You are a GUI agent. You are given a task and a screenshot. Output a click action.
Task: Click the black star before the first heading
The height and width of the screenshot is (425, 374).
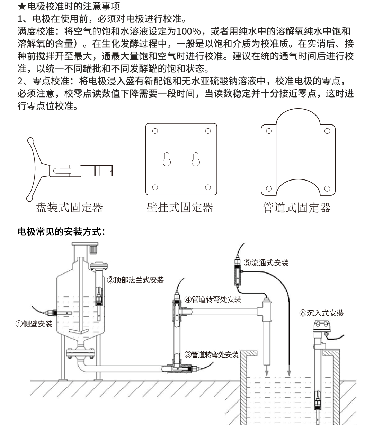[21, 6]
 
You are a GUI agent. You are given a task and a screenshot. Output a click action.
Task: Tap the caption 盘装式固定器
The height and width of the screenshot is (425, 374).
[70, 207]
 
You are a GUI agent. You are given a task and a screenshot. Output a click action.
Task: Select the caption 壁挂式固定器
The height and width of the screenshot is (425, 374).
[180, 207]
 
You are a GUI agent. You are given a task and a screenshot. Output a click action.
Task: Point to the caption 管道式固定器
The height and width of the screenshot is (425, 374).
[297, 207]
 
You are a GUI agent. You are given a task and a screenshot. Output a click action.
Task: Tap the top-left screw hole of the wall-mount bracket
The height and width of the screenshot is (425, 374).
[155, 131]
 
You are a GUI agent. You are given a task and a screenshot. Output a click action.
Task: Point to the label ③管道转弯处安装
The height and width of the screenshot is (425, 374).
[211, 354]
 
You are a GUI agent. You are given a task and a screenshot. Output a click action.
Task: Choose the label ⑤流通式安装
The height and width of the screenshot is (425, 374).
[266, 262]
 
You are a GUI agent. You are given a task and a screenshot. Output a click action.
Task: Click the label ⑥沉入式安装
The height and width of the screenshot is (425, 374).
[322, 313]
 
